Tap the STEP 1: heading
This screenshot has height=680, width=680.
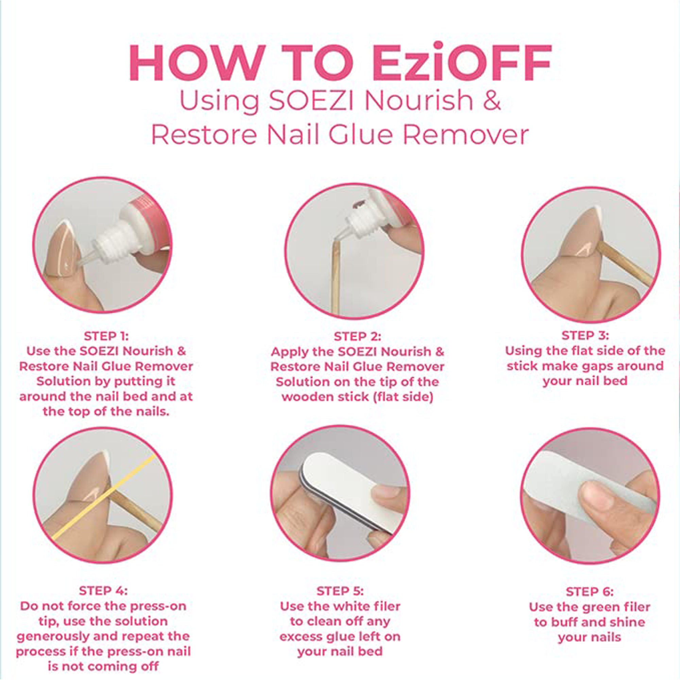click(106, 336)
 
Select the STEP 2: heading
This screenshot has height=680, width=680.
click(357, 337)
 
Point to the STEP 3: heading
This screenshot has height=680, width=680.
click(585, 336)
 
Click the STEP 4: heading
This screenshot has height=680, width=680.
click(103, 591)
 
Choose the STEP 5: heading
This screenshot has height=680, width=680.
click(340, 591)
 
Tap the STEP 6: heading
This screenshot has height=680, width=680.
click(590, 592)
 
